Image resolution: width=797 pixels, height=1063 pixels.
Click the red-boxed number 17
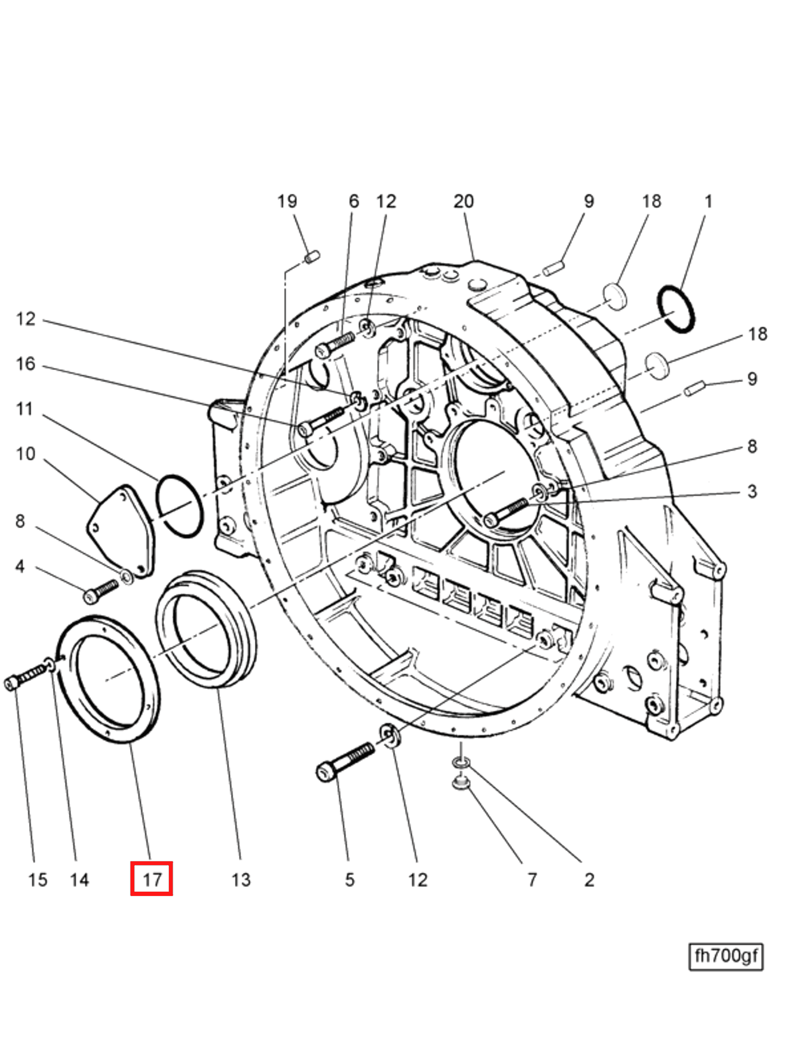click(151, 880)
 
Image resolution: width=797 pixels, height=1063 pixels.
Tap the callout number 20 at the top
click(463, 201)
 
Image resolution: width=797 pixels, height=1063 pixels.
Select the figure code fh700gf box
click(725, 956)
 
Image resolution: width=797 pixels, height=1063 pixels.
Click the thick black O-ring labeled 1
click(676, 309)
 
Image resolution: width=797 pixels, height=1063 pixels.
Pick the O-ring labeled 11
click(180, 506)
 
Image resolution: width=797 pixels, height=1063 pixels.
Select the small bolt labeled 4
click(101, 592)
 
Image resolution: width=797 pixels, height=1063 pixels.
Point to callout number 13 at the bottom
click(241, 880)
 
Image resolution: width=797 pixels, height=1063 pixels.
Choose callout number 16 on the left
click(26, 364)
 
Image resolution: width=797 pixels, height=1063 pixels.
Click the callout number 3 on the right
click(752, 491)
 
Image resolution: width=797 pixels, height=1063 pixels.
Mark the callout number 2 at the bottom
click(589, 880)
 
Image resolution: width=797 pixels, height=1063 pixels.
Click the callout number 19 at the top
click(287, 201)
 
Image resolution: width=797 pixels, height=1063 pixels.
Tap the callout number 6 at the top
click(353, 201)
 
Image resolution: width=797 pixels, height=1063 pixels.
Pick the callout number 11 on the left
click(25, 410)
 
